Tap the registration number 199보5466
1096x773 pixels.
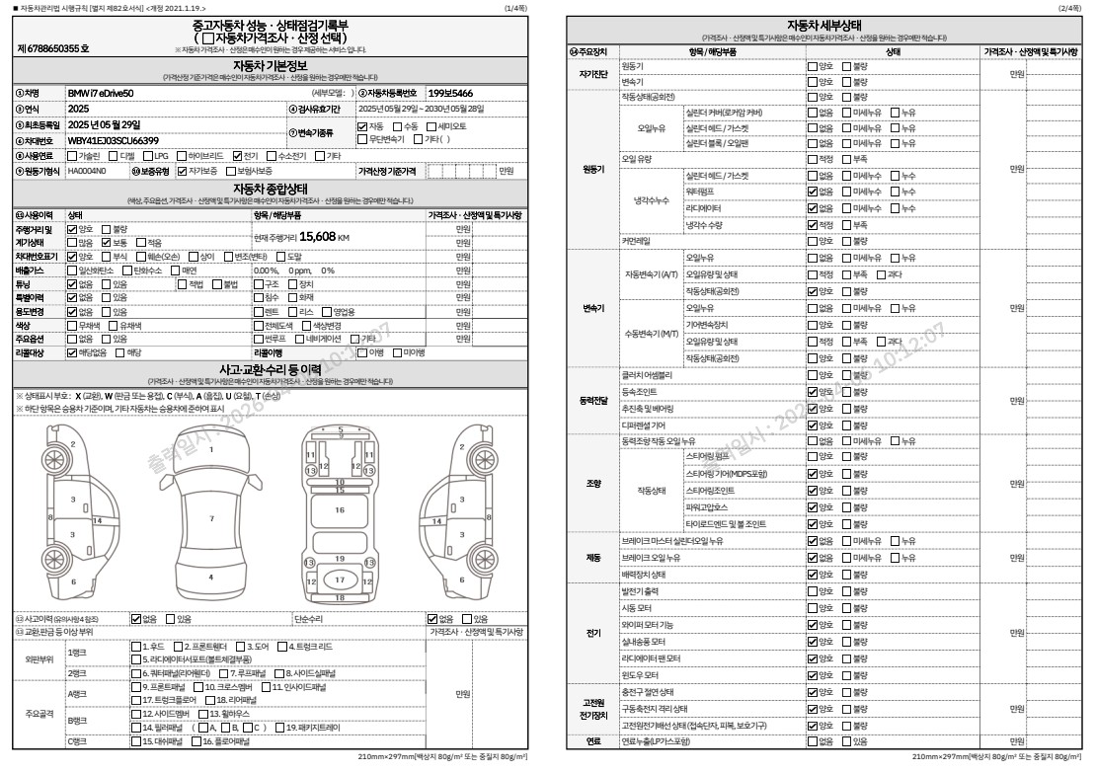(450, 93)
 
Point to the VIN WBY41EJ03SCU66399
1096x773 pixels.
(113, 140)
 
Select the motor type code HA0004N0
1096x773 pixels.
(87, 171)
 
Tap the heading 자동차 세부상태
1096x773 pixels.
(823, 25)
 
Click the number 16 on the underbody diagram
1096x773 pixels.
(340, 510)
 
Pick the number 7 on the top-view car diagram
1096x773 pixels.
(210, 517)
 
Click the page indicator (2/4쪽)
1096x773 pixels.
(1070, 8)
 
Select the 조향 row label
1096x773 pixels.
(593, 484)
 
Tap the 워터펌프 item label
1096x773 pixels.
(701, 191)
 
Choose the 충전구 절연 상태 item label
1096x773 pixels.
(648, 692)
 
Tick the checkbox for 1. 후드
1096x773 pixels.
(136, 647)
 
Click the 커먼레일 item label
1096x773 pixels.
(636, 240)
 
